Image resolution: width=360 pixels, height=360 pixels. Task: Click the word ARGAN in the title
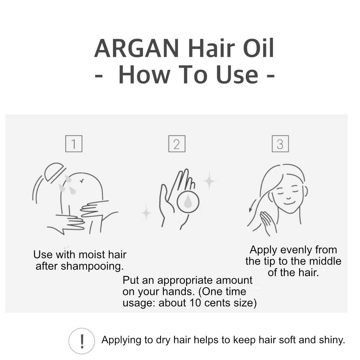coord(136,48)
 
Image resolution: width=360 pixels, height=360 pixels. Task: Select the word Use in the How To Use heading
coord(237,75)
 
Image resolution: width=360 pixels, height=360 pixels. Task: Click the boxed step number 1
coord(74,144)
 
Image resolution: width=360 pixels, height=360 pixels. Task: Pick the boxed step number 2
coord(177,144)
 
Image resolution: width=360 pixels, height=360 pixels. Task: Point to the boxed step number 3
coord(280,144)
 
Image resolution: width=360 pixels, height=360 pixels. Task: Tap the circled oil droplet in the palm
coord(188,202)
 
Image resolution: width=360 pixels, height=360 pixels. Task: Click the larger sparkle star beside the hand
coord(209,180)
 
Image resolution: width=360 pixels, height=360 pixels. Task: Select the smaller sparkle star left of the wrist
coord(146,213)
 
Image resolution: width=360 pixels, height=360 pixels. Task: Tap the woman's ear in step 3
coord(305,191)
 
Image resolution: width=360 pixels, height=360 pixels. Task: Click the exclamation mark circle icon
coord(81,341)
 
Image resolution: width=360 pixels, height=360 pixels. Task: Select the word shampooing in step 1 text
coord(92,266)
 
